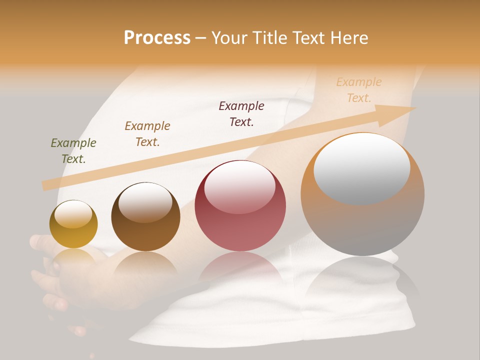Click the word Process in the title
(x=157, y=38)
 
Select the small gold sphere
(x=73, y=225)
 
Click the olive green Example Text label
(x=73, y=151)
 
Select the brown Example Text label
(x=147, y=134)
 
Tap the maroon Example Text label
(x=241, y=114)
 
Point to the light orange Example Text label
(x=359, y=90)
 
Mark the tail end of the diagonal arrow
(x=46, y=185)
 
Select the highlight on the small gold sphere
(x=73, y=214)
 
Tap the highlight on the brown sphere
(x=145, y=202)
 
